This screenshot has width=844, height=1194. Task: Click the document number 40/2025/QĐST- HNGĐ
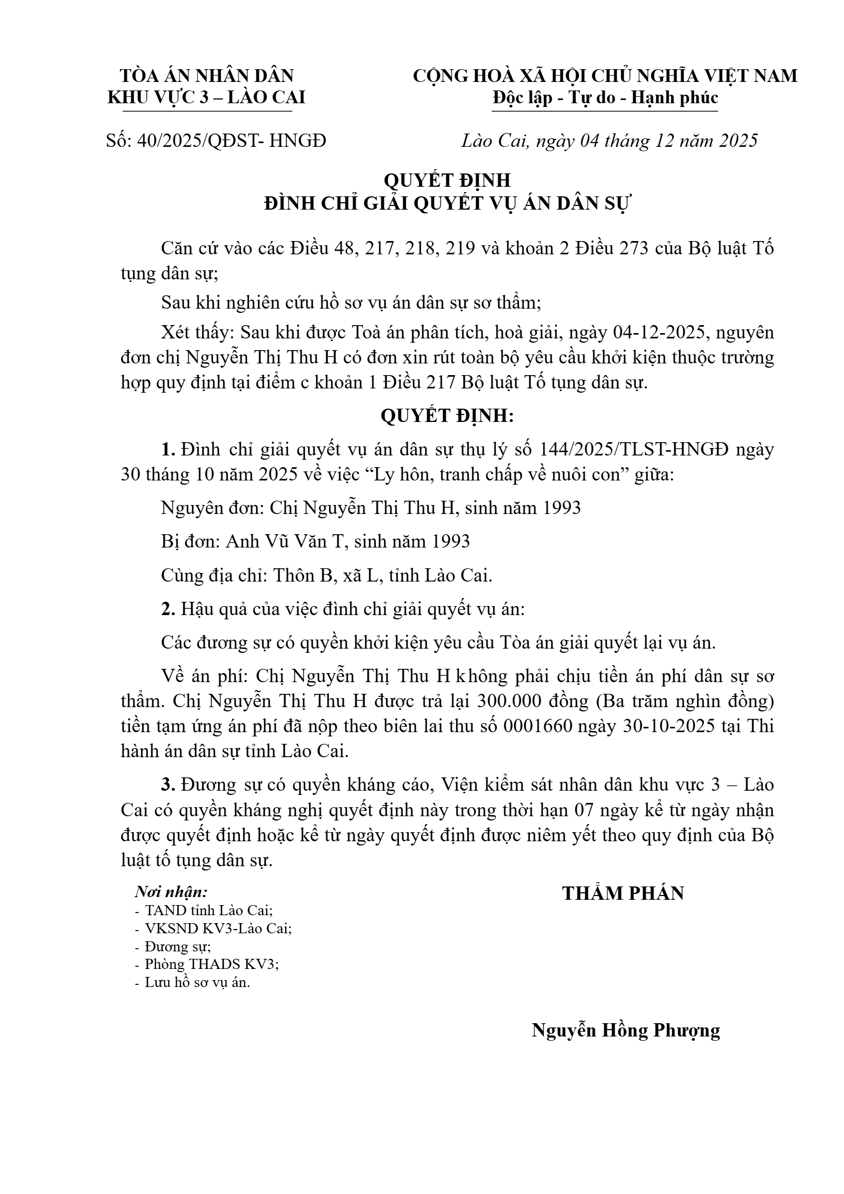coord(231,141)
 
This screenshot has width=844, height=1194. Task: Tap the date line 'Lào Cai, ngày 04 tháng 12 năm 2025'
coord(609,141)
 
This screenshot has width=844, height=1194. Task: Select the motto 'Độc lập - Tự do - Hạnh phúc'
coord(605,98)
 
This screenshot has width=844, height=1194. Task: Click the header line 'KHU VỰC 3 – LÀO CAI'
coord(206,98)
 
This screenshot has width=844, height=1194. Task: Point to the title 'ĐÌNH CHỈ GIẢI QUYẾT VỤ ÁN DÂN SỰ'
coord(447,204)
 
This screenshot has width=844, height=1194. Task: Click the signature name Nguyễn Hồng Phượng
coord(626,1030)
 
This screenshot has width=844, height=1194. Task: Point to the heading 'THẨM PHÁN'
coord(623,894)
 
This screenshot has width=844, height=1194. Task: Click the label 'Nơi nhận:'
coord(171,892)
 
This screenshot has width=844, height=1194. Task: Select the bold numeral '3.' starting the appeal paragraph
coord(168,785)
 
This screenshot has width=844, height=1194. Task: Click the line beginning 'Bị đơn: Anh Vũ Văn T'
coord(316,542)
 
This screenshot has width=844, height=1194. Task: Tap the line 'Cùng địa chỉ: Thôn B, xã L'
coord(326,575)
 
